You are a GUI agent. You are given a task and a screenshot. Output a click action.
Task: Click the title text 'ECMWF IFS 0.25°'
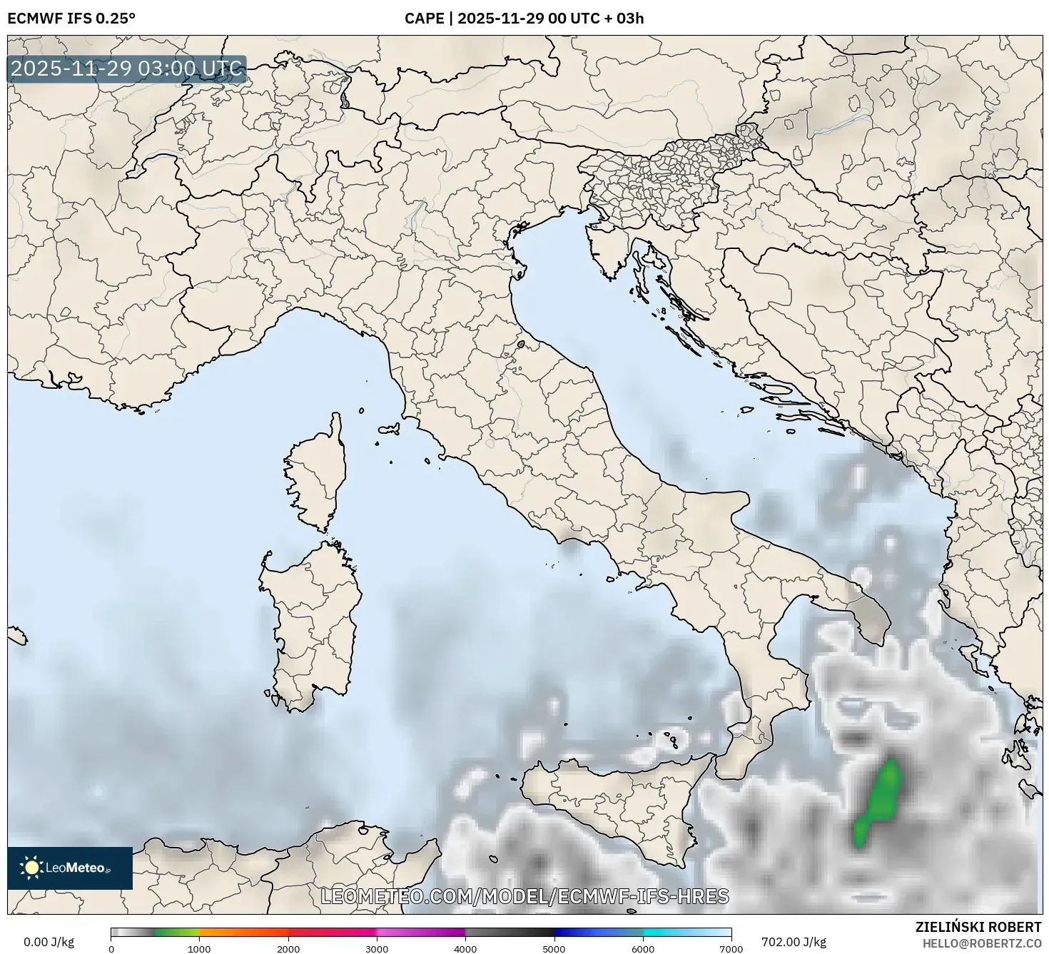71,18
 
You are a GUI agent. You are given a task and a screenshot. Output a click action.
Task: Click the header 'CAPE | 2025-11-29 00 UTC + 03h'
524,18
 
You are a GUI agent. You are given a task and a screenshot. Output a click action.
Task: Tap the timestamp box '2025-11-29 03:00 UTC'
127,69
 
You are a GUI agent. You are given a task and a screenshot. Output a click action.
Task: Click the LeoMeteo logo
70,868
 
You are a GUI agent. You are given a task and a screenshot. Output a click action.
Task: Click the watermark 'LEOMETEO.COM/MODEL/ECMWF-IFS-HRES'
524,896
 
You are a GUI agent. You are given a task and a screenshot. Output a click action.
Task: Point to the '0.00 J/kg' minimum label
49,942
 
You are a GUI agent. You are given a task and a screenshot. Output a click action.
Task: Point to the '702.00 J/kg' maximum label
794,942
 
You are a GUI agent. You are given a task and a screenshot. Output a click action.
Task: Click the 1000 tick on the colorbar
199,948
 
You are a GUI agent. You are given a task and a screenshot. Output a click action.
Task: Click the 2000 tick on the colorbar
288,948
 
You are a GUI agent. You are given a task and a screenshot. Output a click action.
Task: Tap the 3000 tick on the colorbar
377,948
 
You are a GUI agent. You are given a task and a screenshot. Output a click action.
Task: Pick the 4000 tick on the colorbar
465,948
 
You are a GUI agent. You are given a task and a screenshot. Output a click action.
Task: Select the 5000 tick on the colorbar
554,948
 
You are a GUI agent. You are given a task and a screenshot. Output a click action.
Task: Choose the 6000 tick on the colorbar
643,948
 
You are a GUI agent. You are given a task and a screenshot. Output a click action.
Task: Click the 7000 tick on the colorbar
731,948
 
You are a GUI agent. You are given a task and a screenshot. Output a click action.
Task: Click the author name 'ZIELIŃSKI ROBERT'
978,927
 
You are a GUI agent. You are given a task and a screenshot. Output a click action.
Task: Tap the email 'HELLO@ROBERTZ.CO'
981,943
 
